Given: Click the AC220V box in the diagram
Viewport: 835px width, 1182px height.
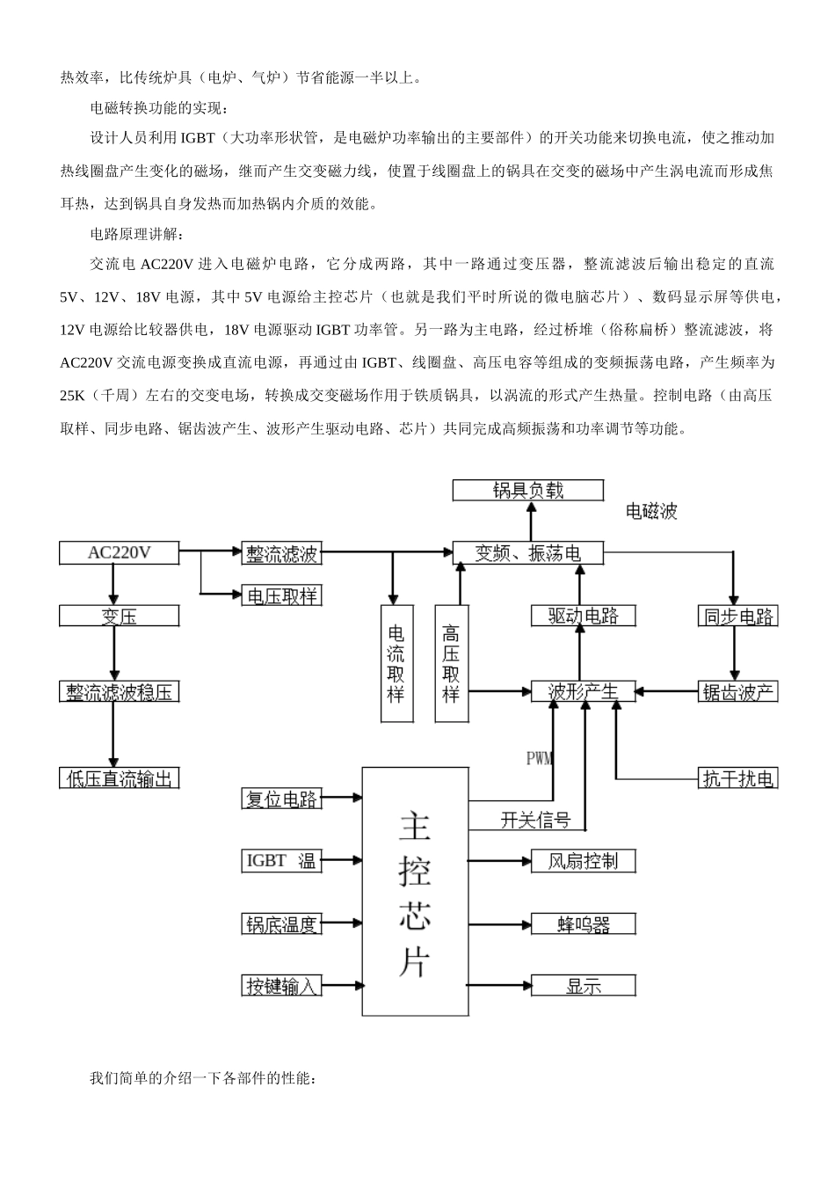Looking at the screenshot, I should point(119,553).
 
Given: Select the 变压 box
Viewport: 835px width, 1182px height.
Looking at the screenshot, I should point(119,616).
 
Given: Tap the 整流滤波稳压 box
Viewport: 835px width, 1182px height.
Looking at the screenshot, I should point(119,692).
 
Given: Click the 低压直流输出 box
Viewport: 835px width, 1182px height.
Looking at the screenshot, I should point(119,777).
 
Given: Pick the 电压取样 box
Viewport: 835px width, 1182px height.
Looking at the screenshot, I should point(281,596).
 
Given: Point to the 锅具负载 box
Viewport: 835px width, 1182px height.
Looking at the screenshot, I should point(528,490).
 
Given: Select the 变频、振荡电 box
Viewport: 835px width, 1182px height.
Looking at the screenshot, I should point(528,553).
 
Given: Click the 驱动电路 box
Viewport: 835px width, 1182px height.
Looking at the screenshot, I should point(583,616).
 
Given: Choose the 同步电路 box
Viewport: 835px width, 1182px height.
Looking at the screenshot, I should point(737,616).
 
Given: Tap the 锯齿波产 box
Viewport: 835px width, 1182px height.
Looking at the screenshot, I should point(737,692).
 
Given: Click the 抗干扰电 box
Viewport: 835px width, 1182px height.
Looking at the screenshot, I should point(737,777).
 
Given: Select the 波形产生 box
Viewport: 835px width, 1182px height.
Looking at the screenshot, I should point(583,692).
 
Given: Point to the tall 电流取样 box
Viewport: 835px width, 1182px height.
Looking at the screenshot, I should point(396,664).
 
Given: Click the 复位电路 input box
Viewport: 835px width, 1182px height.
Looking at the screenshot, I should point(281,799).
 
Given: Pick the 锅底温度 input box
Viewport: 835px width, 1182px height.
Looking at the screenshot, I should point(281,923).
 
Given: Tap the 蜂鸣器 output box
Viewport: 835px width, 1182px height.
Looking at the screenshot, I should point(583,923).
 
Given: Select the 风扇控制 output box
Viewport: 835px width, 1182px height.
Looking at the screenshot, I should point(583,860).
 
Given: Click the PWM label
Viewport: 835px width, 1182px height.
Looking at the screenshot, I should point(540,758).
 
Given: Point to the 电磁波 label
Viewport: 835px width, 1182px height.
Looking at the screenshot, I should point(651,511).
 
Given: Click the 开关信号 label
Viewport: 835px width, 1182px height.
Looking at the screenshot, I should point(535,820).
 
